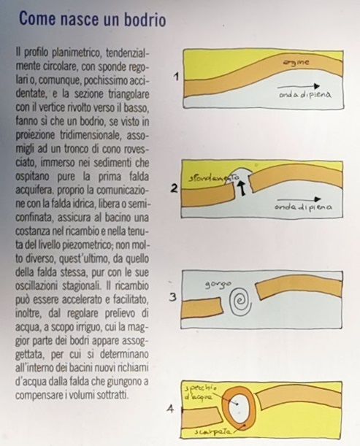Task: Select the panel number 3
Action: (172, 296)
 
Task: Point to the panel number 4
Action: (170, 409)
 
